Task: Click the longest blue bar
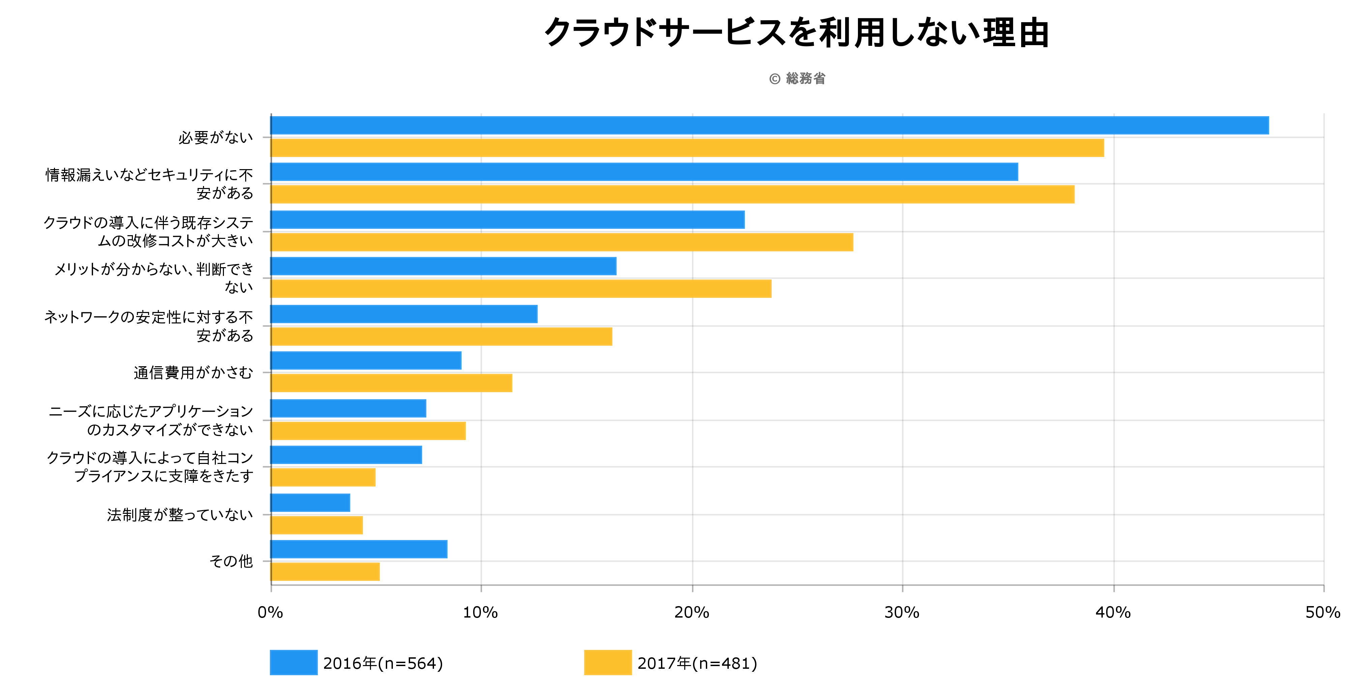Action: (x=770, y=125)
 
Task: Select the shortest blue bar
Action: (x=310, y=503)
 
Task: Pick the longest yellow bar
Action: (x=687, y=148)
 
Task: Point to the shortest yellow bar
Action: (x=316, y=525)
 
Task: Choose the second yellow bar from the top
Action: (x=672, y=194)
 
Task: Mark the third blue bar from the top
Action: (x=507, y=220)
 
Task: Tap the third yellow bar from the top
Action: (x=562, y=243)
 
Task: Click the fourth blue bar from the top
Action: (x=443, y=266)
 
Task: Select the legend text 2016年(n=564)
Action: (x=383, y=664)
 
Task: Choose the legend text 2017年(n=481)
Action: (x=697, y=664)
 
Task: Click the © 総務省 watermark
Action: (x=797, y=79)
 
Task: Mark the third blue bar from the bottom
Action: (x=346, y=455)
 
